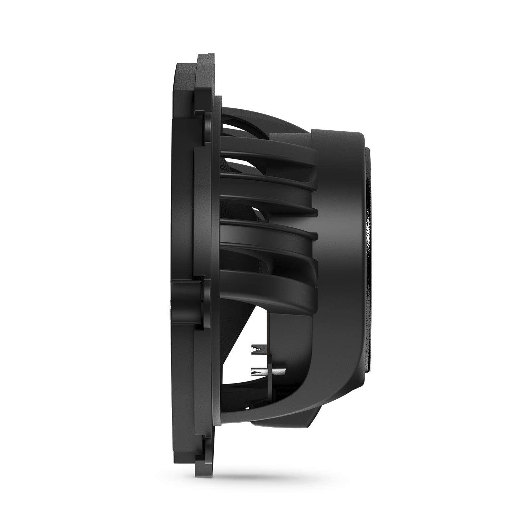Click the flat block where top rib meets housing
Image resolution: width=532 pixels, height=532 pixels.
tap(292, 139)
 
